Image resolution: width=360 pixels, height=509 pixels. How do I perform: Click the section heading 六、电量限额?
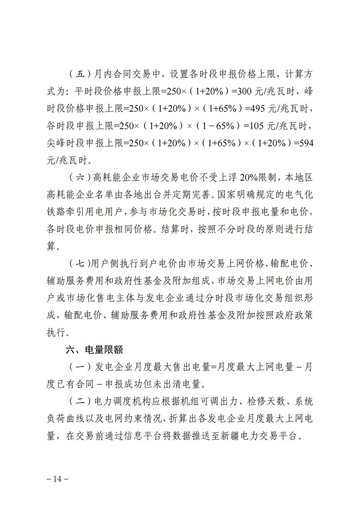(94, 349)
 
